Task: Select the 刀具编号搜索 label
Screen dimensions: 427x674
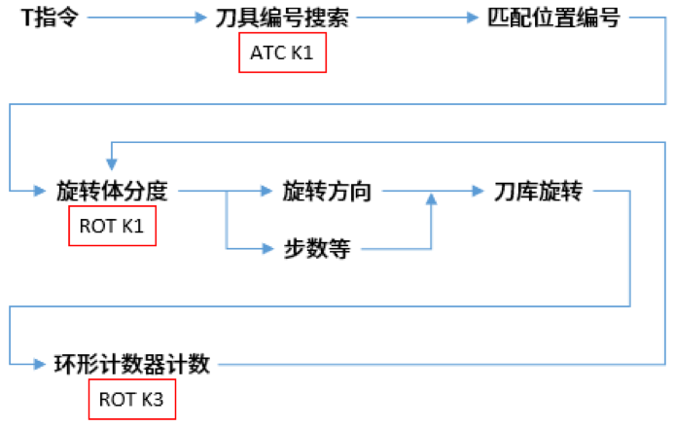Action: [281, 18]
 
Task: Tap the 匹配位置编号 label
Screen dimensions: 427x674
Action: [552, 18]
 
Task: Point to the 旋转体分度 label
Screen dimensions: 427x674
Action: [113, 191]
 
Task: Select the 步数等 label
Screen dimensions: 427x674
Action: [310, 249]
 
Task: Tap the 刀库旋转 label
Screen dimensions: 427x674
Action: [538, 191]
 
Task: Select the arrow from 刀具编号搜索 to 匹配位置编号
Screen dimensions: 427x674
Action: [413, 18]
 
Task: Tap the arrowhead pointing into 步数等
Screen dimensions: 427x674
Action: [270, 249]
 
